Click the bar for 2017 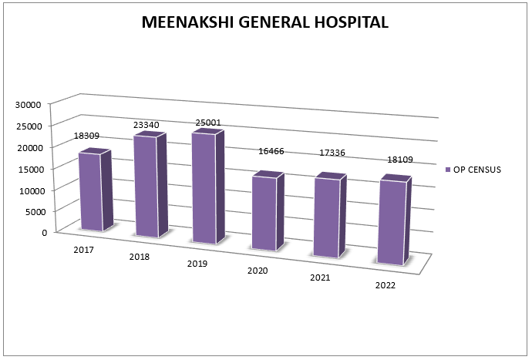pyautogui.click(x=90, y=191)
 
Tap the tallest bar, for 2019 pyautogui.click(x=204, y=188)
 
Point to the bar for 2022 pyautogui.click(x=389, y=223)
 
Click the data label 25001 pyautogui.click(x=207, y=122)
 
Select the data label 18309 pyautogui.click(x=86, y=136)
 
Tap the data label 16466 pyautogui.click(x=271, y=151)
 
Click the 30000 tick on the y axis pyautogui.click(x=35, y=104)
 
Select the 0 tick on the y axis pyautogui.click(x=44, y=232)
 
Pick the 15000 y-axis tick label pyautogui.click(x=35, y=168)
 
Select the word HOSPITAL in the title pyautogui.click(x=347, y=22)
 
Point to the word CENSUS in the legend pyautogui.click(x=486, y=169)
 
